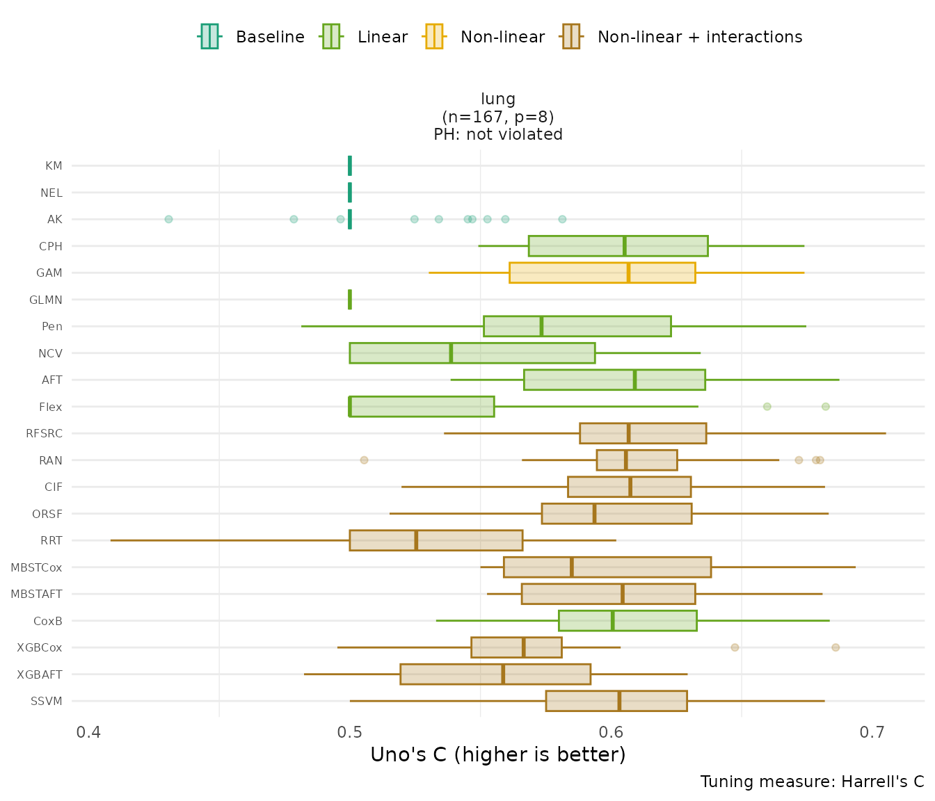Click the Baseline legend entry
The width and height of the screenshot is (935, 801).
point(252,37)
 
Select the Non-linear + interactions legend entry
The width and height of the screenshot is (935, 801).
point(682,37)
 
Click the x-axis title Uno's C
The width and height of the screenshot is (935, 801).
point(498,755)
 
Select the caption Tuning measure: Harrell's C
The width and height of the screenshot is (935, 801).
point(812,782)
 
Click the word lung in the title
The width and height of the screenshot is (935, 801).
point(498,99)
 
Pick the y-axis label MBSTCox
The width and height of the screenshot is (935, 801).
point(36,567)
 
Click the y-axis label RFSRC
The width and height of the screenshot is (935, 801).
point(44,434)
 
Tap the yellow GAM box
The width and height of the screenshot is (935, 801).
point(602,273)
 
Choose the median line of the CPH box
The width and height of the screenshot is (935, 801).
point(625,246)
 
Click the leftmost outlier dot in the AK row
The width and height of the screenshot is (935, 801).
point(168,219)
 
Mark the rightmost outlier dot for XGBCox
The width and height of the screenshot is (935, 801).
point(836,647)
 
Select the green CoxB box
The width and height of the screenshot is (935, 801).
point(627,621)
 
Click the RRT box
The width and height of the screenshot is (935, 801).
point(435,540)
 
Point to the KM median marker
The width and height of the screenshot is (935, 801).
point(350,165)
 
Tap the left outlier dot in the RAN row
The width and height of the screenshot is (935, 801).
point(364,460)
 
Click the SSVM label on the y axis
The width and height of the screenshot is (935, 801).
point(47,701)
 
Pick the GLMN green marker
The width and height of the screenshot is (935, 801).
point(350,300)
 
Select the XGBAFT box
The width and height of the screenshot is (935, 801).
point(495,674)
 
